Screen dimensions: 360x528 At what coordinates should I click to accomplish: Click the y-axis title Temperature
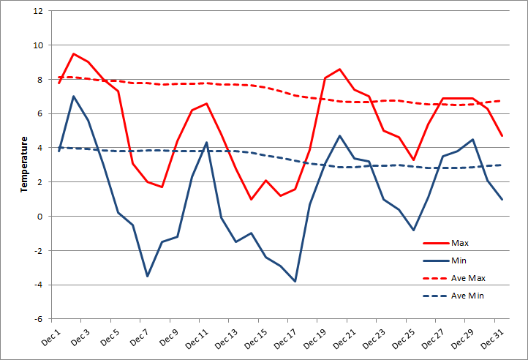tap(23, 164)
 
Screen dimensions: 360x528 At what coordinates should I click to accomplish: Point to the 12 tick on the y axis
tap(38, 11)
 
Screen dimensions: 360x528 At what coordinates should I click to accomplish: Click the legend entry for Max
tap(460, 242)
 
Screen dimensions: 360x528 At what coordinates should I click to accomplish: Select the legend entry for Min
tap(459, 260)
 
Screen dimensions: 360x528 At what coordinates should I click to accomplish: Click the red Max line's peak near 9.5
tap(74, 53)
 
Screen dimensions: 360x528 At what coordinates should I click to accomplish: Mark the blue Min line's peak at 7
tap(74, 97)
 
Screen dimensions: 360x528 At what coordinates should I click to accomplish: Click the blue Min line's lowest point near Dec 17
tap(295, 281)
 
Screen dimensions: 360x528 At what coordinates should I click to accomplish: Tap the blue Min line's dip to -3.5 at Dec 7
tap(148, 276)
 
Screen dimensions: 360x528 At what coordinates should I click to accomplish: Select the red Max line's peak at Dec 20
tap(339, 69)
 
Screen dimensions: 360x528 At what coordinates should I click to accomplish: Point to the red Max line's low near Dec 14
tap(251, 199)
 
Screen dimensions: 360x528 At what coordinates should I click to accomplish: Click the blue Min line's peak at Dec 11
tap(207, 143)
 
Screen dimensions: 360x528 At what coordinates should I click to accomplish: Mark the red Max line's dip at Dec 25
tap(413, 160)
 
